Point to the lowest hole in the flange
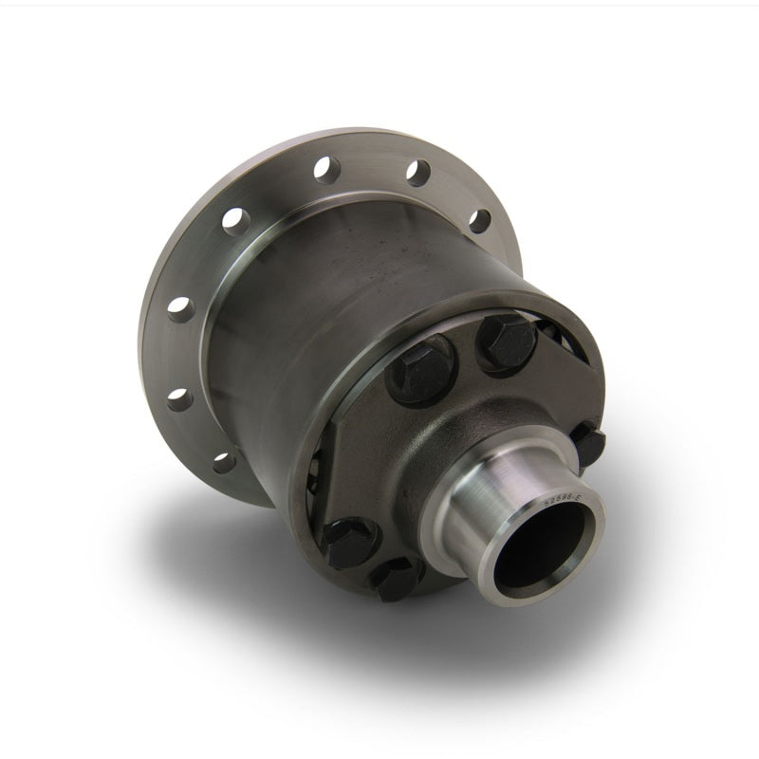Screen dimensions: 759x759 coord(221,463)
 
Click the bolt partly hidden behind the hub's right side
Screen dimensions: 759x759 coord(591,440)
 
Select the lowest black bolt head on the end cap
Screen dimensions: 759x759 coord(394,577)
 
